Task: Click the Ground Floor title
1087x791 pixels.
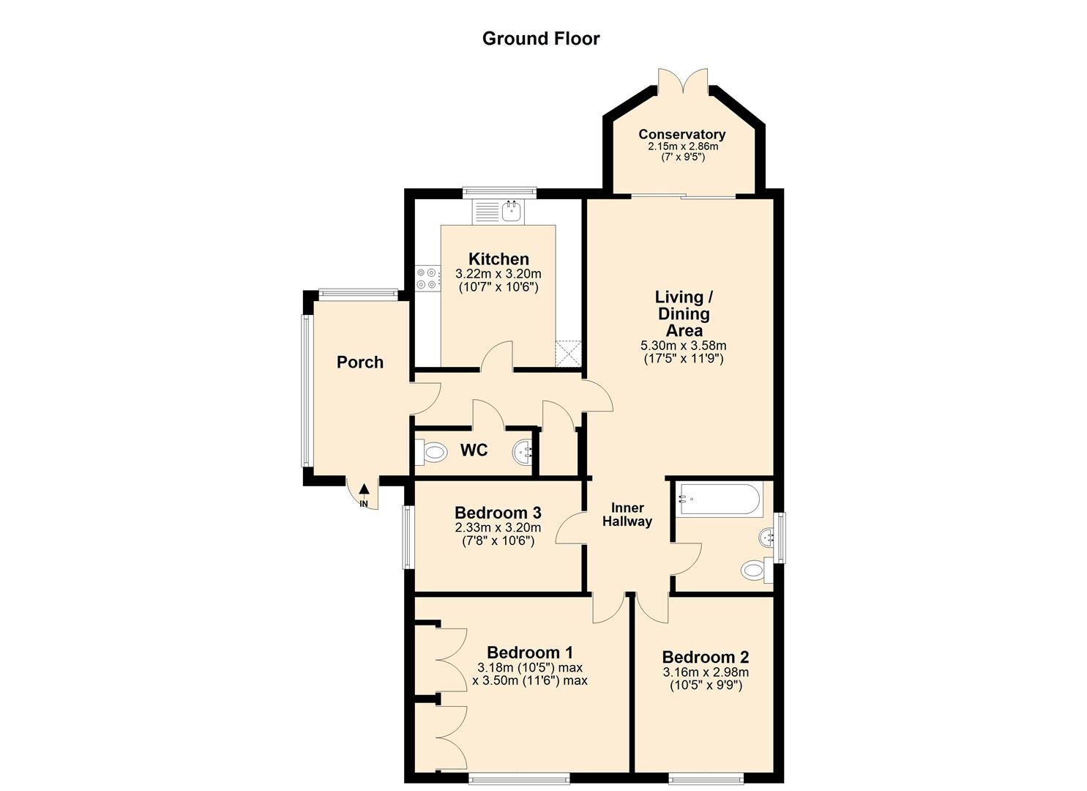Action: [x=541, y=39]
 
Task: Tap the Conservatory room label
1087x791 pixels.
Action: [x=681, y=135]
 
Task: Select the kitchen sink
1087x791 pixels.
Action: [x=512, y=212]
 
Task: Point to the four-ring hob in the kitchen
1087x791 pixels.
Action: [x=427, y=279]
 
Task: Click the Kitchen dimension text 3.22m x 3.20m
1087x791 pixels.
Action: [x=498, y=274]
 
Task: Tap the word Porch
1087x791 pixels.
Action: [x=359, y=363]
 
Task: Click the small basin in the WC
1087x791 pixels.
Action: [x=523, y=451]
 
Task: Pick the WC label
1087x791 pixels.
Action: [x=474, y=450]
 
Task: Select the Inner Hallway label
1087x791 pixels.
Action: [x=627, y=515]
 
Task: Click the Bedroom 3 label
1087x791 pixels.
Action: [x=498, y=513]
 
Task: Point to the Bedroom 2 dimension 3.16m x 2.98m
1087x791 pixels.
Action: [x=706, y=673]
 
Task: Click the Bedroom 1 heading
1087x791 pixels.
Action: [x=529, y=653]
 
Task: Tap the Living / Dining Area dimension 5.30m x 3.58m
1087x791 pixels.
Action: [x=684, y=346]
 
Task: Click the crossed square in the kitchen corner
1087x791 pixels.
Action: [x=568, y=353]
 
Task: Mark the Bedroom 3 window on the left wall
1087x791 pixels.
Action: [x=408, y=537]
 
